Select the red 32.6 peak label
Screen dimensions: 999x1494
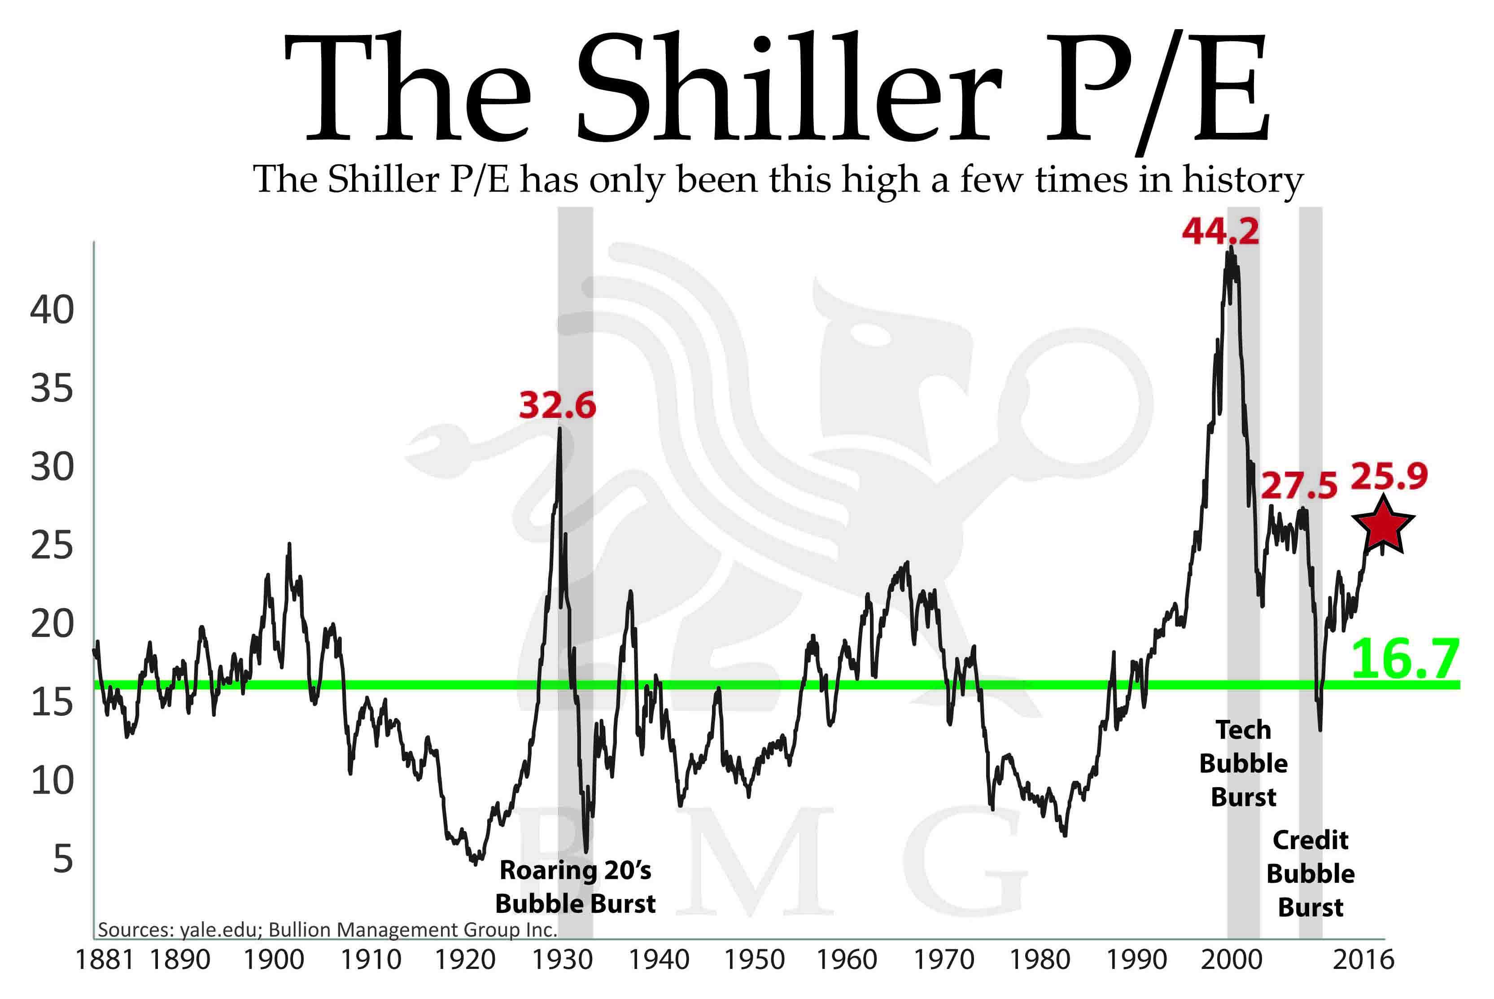tap(557, 405)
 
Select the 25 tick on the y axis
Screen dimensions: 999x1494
tap(52, 546)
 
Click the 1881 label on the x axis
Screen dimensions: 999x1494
tap(105, 960)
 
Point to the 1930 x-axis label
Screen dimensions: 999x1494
tap(562, 960)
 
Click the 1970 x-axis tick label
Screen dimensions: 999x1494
tap(944, 960)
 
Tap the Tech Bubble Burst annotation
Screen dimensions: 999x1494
tap(1243, 763)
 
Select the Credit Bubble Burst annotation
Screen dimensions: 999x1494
tap(1310, 873)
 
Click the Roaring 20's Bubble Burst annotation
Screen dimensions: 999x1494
tap(575, 887)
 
